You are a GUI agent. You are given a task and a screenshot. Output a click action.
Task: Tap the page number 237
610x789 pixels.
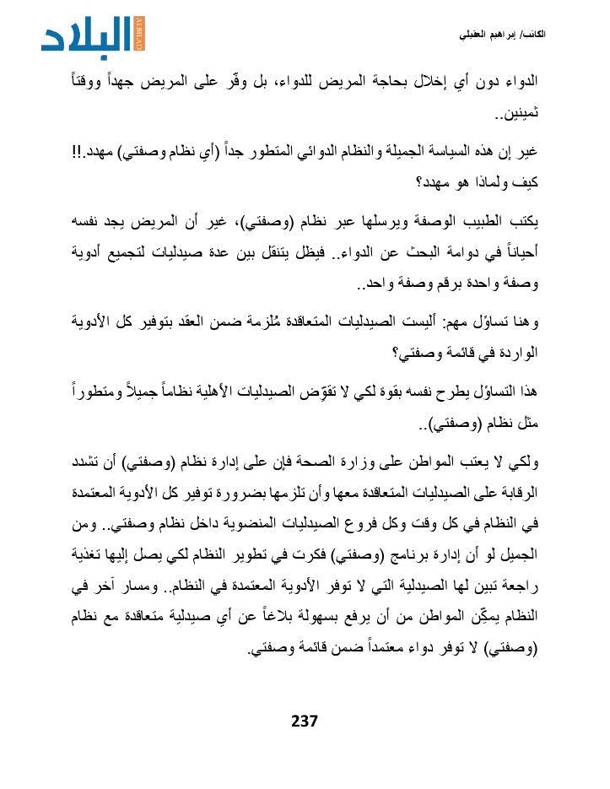coord(304,721)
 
